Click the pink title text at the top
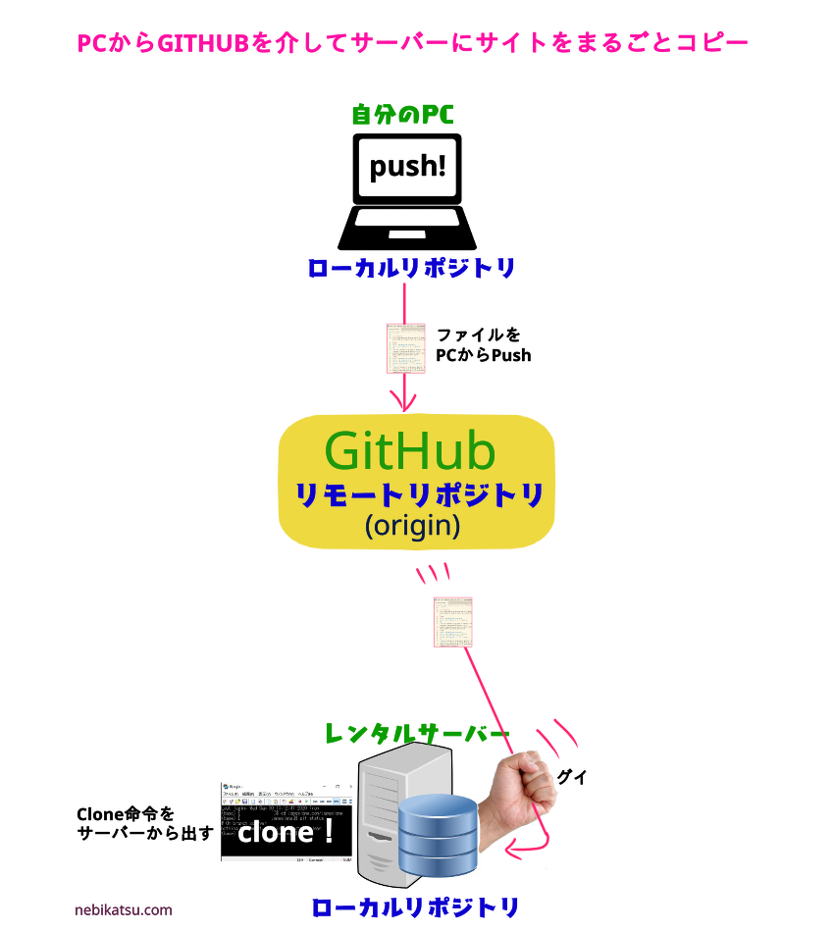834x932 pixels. [x=412, y=43]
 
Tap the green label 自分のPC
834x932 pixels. [x=402, y=115]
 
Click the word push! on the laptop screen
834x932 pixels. [x=407, y=166]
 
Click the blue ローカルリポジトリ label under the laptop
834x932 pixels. [x=410, y=268]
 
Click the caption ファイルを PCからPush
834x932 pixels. [x=483, y=345]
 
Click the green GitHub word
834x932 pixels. [x=409, y=451]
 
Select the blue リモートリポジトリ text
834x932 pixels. [x=419, y=495]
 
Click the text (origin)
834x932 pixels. [x=412, y=526]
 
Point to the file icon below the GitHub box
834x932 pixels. [x=453, y=621]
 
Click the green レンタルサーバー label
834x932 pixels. [x=417, y=733]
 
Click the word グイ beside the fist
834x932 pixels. [x=571, y=777]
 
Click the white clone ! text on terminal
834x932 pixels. [x=286, y=833]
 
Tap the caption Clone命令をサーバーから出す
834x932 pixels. [x=144, y=823]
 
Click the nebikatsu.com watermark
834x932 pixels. [x=123, y=909]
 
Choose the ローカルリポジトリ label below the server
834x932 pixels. [x=414, y=907]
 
